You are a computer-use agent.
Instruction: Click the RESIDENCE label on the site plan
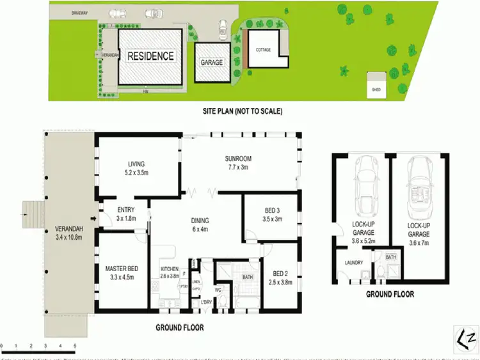(150, 56)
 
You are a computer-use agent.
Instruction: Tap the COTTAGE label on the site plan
(263, 49)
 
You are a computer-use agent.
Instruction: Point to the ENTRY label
(125, 210)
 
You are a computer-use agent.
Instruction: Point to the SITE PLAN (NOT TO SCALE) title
(241, 111)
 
